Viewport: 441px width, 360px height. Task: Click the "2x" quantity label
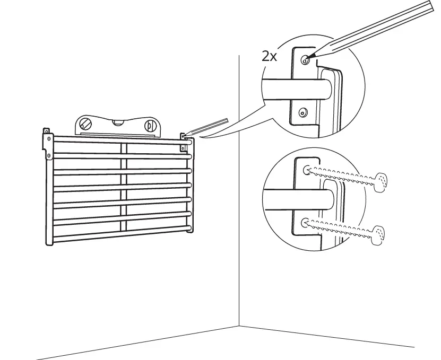[270, 56]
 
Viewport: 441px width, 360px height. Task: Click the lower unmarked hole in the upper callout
[302, 111]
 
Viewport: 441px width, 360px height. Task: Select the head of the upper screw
[381, 180]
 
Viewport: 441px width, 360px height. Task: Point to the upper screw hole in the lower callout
[307, 170]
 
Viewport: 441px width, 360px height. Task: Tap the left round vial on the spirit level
[85, 125]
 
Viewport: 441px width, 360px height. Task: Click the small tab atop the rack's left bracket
[47, 130]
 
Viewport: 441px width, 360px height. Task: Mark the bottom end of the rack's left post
[49, 244]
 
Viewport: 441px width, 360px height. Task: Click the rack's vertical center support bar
[124, 186]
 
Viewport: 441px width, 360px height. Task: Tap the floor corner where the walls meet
[239, 325]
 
